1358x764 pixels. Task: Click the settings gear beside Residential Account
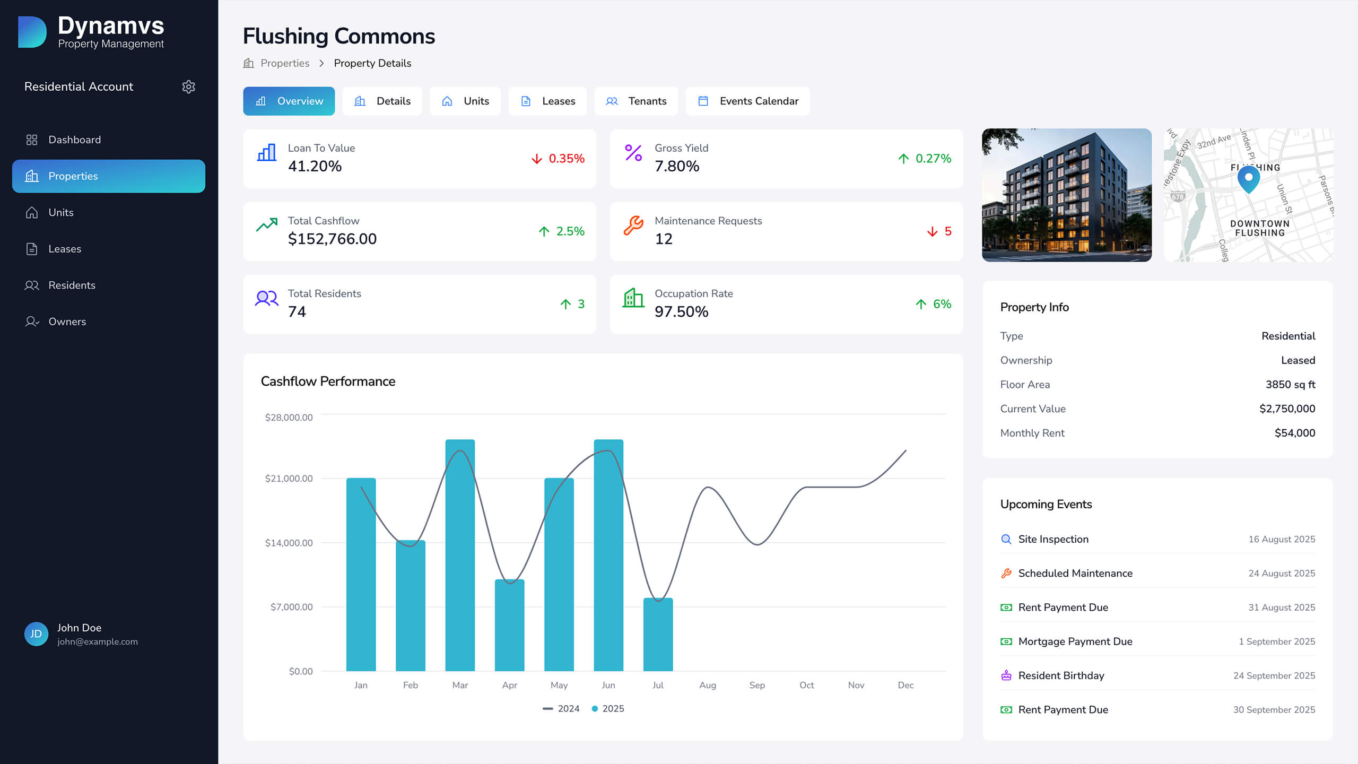point(188,86)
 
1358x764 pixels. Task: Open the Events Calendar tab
point(747,101)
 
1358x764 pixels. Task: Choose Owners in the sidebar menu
point(67,322)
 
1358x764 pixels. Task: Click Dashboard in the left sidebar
point(74,140)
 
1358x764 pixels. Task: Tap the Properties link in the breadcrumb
point(284,63)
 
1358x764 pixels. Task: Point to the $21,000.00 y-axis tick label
point(289,479)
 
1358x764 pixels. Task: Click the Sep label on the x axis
point(757,685)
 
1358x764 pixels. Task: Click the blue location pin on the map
point(1248,178)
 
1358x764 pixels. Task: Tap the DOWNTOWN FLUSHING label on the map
point(1259,228)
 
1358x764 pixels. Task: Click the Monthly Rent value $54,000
point(1294,433)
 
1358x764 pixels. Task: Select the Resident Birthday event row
point(1061,675)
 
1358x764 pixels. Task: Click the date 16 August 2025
point(1281,539)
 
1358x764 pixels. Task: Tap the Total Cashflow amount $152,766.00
point(332,239)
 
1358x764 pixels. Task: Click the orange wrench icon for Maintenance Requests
point(633,225)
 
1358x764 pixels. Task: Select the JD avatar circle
point(36,634)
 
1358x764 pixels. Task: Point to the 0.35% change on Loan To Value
point(566,159)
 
